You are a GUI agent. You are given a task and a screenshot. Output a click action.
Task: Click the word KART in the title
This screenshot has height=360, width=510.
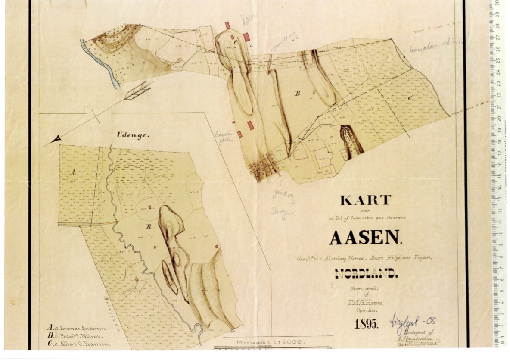[x=366, y=200]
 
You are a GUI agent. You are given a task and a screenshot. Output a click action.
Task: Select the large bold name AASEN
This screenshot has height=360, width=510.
[x=365, y=237]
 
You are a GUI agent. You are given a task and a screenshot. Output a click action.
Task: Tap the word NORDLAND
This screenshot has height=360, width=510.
[x=366, y=273]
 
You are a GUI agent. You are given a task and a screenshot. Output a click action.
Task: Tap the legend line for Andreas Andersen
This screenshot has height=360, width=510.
[x=78, y=327]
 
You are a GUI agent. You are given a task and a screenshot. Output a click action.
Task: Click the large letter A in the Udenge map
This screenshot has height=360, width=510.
[x=73, y=172]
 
